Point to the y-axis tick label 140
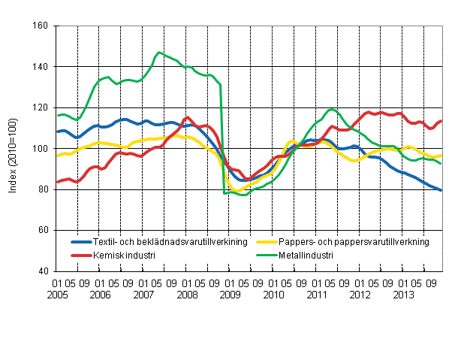(x=40, y=67)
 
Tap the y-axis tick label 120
(x=40, y=107)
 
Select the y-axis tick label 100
(x=40, y=149)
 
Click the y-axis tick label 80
(x=42, y=189)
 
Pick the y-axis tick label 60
(x=42, y=230)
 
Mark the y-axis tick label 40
(x=42, y=271)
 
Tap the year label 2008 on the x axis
(x=187, y=295)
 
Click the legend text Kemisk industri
(x=124, y=255)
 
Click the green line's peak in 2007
(x=158, y=52)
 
